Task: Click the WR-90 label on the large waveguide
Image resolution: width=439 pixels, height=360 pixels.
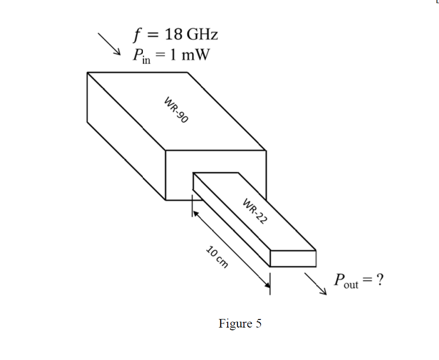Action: [x=176, y=109]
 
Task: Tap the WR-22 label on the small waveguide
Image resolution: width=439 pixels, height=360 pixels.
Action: [x=255, y=210]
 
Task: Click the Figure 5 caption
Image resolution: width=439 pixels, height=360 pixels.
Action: [x=240, y=324]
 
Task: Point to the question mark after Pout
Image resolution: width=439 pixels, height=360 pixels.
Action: [x=380, y=280]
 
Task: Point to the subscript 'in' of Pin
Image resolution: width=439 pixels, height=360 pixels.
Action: [x=146, y=60]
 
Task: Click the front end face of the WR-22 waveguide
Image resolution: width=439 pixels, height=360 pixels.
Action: [x=293, y=258]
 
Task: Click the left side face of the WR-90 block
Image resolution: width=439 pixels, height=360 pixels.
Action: [x=126, y=135]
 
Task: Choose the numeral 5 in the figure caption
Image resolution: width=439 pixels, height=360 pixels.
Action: [x=258, y=324]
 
